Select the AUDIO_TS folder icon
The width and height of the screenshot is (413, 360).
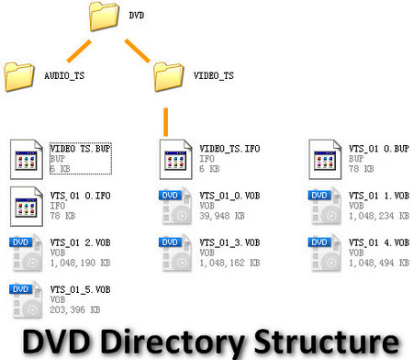click(20, 75)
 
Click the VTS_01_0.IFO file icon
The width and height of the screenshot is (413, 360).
click(26, 206)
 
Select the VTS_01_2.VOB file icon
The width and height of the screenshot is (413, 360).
click(26, 253)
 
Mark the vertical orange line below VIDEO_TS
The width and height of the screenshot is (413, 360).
click(166, 119)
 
